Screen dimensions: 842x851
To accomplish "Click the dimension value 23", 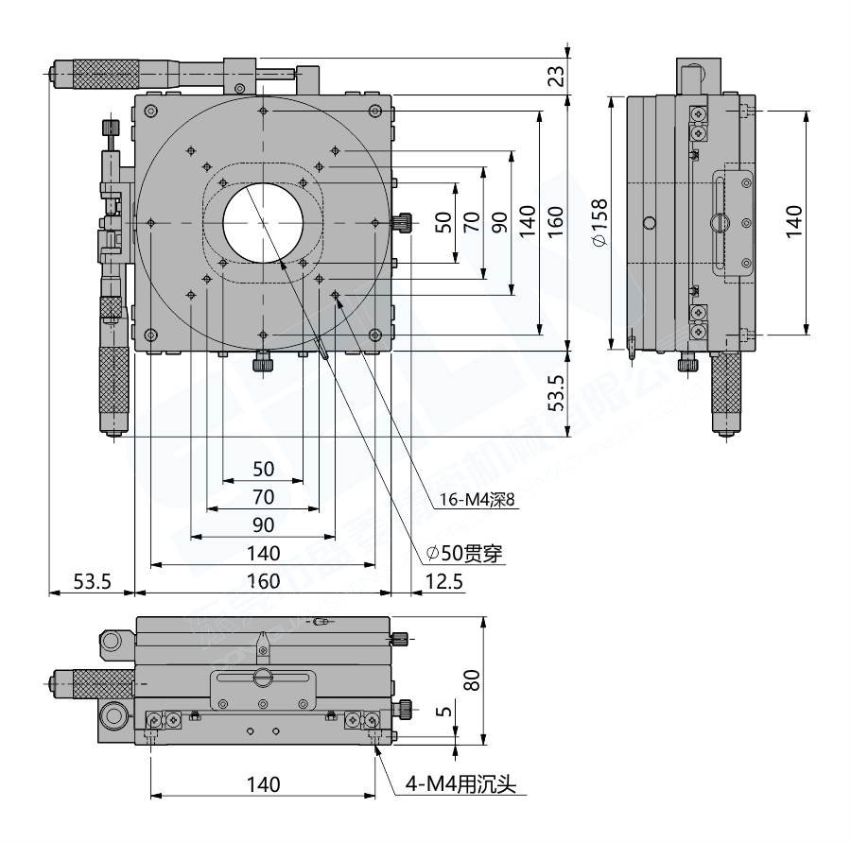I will click(556, 74).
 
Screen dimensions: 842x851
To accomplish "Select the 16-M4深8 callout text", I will click(478, 500).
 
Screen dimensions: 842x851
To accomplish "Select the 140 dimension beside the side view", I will click(792, 221).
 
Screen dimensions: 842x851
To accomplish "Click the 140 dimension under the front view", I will click(263, 784).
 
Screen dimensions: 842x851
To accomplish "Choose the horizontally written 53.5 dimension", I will click(93, 582).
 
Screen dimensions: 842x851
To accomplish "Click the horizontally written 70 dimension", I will click(263, 496).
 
